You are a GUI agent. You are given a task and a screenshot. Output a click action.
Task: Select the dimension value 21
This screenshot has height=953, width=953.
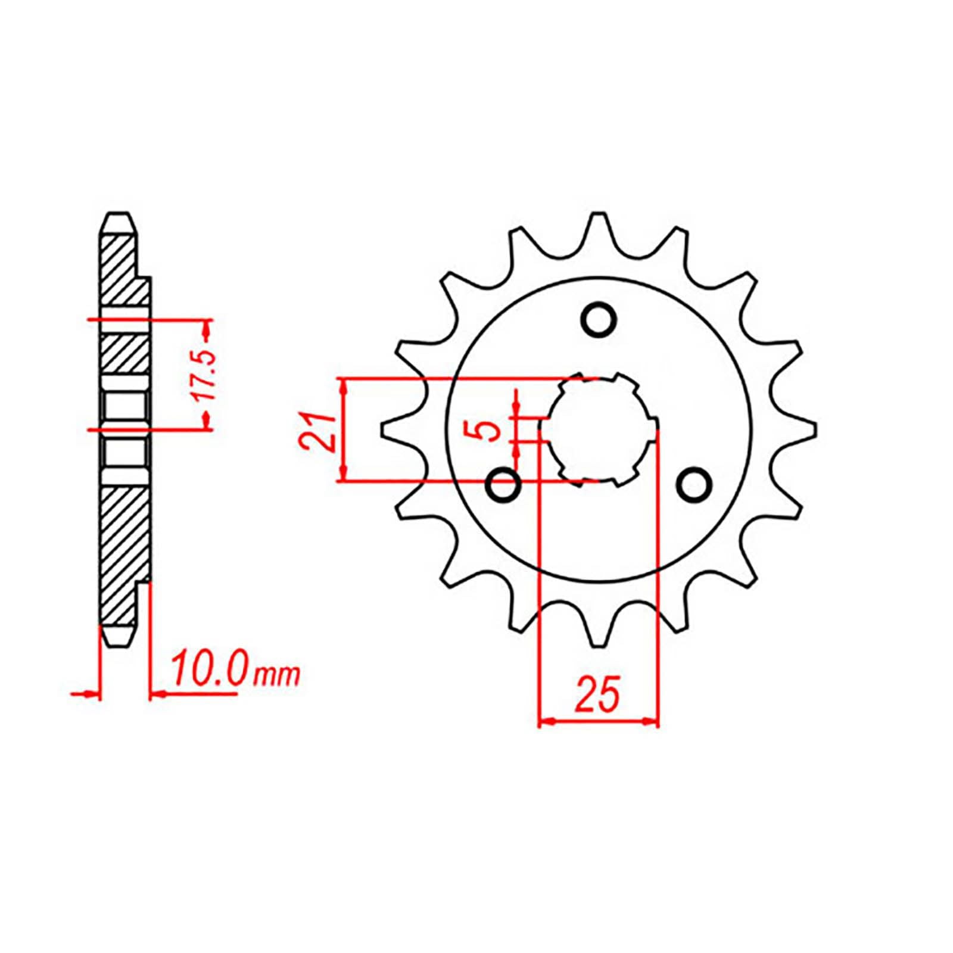click(316, 430)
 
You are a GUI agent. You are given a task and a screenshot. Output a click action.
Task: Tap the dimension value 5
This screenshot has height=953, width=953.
click(490, 429)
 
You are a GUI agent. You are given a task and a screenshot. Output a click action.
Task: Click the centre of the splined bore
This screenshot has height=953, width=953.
click(598, 429)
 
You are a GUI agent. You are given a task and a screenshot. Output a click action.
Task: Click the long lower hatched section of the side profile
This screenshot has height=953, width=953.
click(122, 554)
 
